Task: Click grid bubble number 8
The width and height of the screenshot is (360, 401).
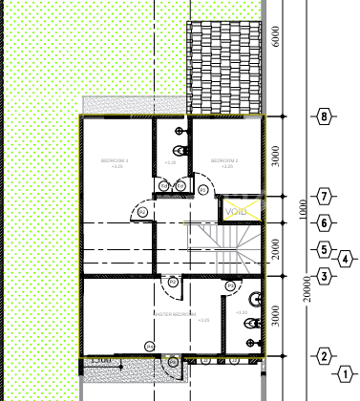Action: (x=326, y=117)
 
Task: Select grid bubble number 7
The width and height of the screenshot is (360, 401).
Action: (x=326, y=196)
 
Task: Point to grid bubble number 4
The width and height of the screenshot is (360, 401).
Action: (x=345, y=256)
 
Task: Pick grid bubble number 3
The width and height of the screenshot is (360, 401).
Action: (x=326, y=277)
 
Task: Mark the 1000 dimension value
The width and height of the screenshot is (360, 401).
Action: (x=302, y=209)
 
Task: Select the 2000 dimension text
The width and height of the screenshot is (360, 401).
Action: (x=276, y=250)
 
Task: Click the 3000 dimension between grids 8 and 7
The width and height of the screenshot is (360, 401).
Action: (x=276, y=157)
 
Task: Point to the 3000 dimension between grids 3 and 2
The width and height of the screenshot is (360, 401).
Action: (x=276, y=316)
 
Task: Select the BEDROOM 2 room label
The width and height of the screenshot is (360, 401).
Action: (x=224, y=160)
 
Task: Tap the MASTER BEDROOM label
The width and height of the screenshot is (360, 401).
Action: (x=175, y=314)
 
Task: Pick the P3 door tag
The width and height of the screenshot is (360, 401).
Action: (x=174, y=283)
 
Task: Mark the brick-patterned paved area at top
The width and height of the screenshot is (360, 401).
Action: (x=224, y=66)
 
